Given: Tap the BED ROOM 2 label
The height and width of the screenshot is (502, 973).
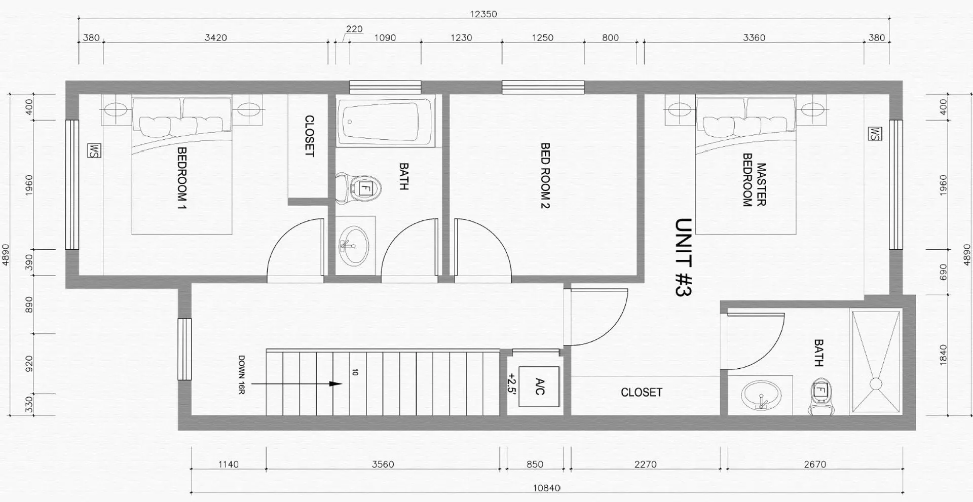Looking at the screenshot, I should pos(545,175).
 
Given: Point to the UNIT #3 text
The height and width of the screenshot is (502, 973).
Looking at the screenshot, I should pos(684,257).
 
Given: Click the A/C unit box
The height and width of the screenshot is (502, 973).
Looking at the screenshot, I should pos(539,387).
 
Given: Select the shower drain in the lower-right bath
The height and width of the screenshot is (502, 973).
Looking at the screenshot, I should pos(875,384).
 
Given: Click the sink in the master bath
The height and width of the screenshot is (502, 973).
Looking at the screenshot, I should pos(760,395).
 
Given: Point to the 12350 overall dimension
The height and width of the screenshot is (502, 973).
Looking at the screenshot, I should pos(483,14).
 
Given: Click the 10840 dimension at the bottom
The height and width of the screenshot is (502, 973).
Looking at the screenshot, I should pos(547,488).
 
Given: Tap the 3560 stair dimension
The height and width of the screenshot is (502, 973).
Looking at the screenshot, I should pos(383,464).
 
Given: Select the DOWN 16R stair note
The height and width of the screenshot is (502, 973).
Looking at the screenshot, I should pos(242,375).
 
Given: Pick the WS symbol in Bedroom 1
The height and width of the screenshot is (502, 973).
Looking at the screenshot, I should pos(94,150).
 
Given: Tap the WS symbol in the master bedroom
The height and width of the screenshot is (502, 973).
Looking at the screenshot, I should pos(875,134).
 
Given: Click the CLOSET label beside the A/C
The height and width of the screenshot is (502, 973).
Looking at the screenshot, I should pos(642,393).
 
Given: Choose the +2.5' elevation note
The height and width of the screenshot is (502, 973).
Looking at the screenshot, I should pos(512,390).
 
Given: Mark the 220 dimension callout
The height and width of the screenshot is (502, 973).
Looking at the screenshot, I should pos(354,29).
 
